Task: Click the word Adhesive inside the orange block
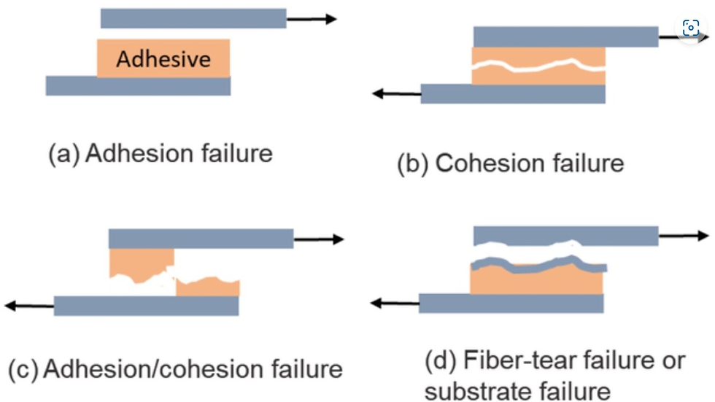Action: [x=163, y=59]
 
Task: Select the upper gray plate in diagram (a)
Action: [x=193, y=18]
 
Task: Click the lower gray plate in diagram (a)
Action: [x=138, y=86]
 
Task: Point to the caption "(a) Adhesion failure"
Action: [x=160, y=154]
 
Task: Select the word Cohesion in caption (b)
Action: [x=482, y=163]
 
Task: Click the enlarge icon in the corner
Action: [x=690, y=28]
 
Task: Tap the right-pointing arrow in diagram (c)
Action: [x=318, y=239]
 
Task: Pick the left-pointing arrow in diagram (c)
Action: [x=29, y=306]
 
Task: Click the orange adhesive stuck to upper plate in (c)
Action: [x=142, y=263]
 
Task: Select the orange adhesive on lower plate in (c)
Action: [x=208, y=287]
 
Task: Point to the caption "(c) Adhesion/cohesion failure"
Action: [x=175, y=369]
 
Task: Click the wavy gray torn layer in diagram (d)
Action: [x=538, y=264]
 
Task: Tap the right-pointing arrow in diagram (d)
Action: [x=684, y=236]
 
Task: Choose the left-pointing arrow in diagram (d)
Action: [x=395, y=302]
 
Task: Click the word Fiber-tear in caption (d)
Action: [x=511, y=361]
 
